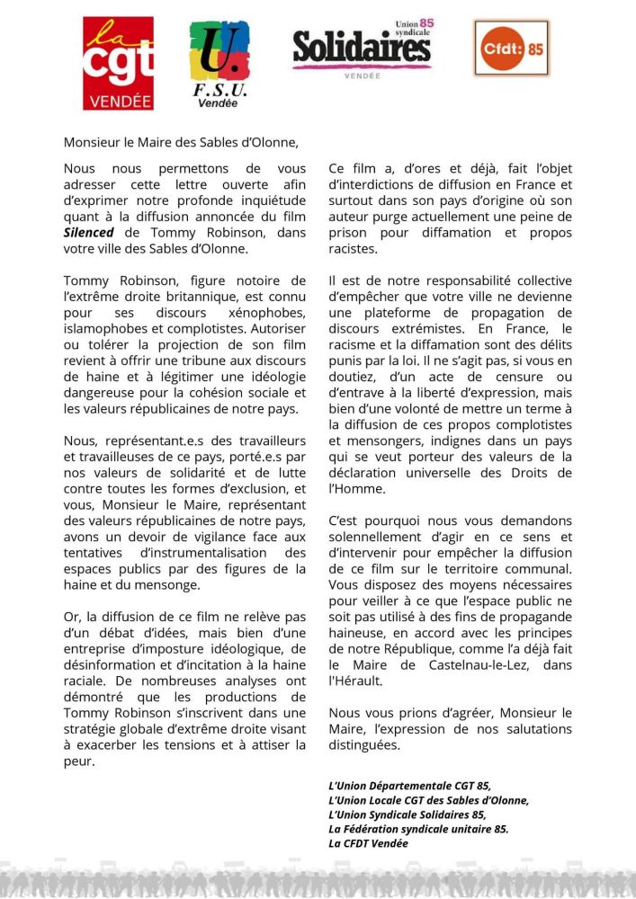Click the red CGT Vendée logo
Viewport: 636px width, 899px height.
(x=118, y=64)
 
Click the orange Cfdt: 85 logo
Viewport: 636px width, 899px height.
(x=511, y=47)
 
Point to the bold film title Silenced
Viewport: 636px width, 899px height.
(x=88, y=233)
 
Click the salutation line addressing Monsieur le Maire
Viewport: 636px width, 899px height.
(x=180, y=142)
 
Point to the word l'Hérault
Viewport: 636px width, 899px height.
(x=357, y=681)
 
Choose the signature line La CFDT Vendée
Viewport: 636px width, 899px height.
(x=368, y=843)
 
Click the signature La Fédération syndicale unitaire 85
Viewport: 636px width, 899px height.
(x=418, y=829)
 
